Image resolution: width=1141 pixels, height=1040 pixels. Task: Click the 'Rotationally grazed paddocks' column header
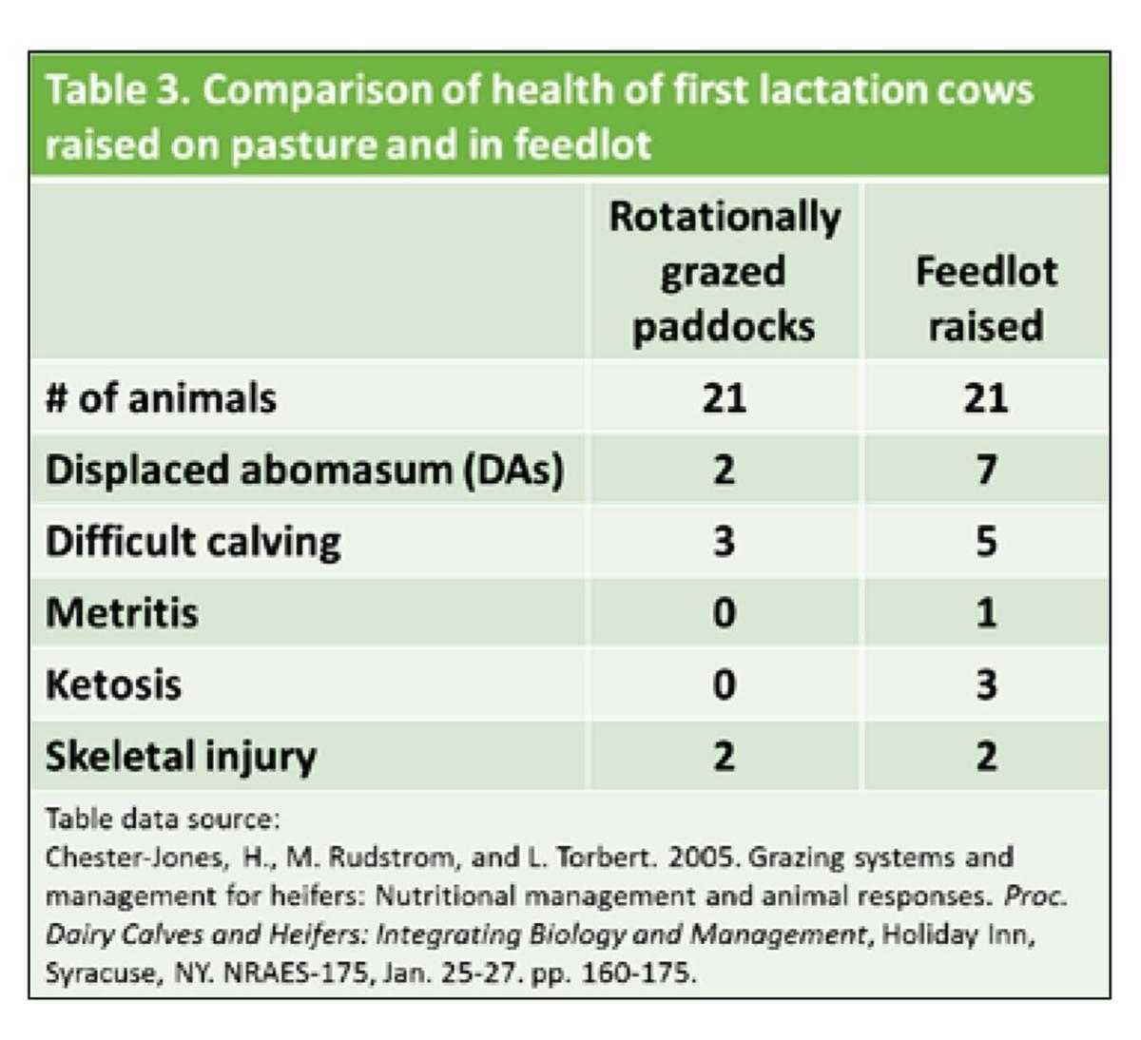point(724,271)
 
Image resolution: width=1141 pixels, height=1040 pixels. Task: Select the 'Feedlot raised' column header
point(986,298)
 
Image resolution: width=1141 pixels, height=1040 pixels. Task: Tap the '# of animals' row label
point(161,397)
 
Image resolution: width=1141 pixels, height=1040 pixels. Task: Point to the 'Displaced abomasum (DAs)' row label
point(304,470)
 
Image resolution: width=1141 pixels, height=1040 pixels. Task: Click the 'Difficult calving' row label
point(193,541)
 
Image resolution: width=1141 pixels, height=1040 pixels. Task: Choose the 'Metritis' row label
point(122,612)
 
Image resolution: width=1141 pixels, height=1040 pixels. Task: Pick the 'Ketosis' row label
point(113,684)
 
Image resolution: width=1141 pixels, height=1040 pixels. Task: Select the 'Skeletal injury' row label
point(181,756)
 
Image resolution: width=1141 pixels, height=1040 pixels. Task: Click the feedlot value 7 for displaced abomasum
point(986,470)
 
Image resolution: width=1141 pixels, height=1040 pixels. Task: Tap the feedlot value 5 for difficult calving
point(986,541)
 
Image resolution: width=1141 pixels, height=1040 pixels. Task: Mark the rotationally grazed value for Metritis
point(724,612)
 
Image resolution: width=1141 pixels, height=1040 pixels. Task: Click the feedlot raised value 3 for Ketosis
point(986,684)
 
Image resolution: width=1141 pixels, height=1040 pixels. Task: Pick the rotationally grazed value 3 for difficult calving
point(724,541)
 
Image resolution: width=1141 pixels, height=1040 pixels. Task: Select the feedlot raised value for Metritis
point(986,612)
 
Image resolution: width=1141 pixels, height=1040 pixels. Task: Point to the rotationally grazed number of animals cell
point(724,397)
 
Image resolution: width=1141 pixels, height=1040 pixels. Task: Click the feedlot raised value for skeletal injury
point(986,756)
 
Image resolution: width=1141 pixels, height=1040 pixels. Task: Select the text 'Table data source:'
point(163,819)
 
